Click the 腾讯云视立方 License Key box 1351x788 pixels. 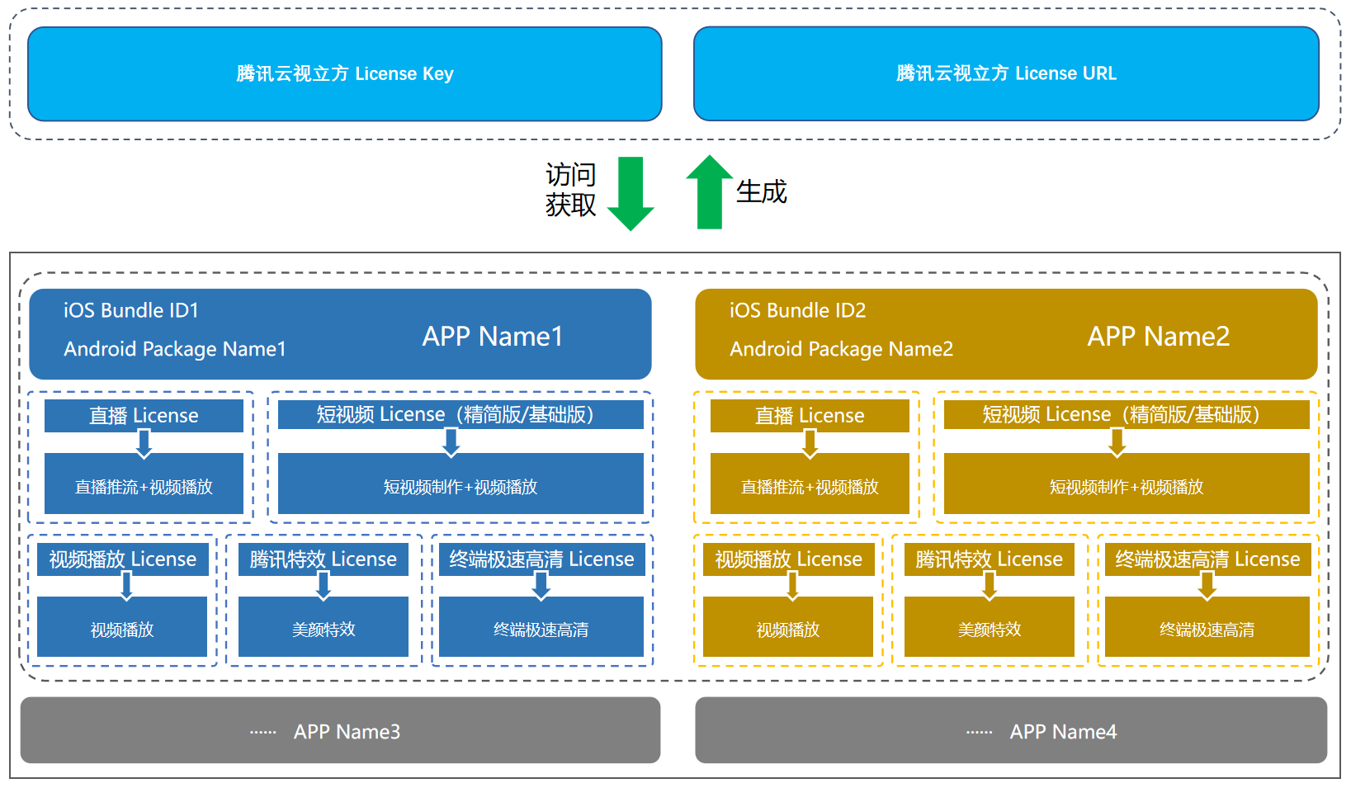(x=344, y=74)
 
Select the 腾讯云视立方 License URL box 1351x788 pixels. (x=1005, y=74)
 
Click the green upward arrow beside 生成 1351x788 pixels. (x=709, y=191)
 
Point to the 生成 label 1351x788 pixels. (x=761, y=191)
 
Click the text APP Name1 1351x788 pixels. (x=493, y=337)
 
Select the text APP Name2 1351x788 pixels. (x=1158, y=337)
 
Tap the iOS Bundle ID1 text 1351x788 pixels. (x=131, y=310)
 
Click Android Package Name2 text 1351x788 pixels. (x=841, y=349)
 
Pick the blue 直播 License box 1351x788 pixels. (x=144, y=415)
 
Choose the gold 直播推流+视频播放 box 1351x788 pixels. (x=809, y=487)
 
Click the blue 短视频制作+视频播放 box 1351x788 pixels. (x=461, y=487)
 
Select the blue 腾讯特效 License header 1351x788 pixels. (x=323, y=559)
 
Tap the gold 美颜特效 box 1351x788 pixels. (x=989, y=630)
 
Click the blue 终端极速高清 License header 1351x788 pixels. (x=541, y=559)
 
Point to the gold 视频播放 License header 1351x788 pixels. (x=788, y=559)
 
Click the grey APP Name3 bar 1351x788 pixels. (x=340, y=731)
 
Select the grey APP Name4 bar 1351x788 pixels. (x=1010, y=731)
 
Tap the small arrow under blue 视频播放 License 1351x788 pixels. (x=126, y=586)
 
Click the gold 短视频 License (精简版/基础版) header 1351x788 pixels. (x=1126, y=414)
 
